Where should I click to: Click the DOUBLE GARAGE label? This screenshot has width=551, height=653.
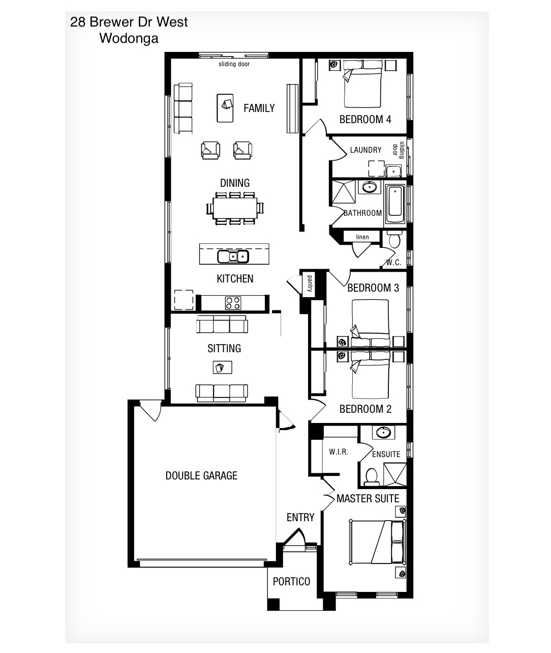pos(201,476)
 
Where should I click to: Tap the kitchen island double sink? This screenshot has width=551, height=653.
pos(233,257)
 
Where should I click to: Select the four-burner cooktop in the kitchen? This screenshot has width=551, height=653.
pos(233,303)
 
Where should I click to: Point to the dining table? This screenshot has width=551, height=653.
pos(235,208)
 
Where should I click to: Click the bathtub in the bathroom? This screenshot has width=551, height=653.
pos(395,205)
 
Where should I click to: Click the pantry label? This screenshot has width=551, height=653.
pos(310,283)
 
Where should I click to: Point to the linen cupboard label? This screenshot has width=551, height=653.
pos(362,237)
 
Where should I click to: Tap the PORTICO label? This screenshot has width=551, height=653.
pos(291,581)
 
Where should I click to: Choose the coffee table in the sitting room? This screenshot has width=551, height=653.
pos(223,367)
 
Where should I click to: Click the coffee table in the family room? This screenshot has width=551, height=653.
pos(225,108)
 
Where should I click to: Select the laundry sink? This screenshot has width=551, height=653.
pos(393,171)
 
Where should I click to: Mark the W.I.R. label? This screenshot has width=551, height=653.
pos(339,451)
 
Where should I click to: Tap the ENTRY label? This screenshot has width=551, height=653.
pos(300,517)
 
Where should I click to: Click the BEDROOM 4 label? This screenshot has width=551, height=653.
pos(365,120)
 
